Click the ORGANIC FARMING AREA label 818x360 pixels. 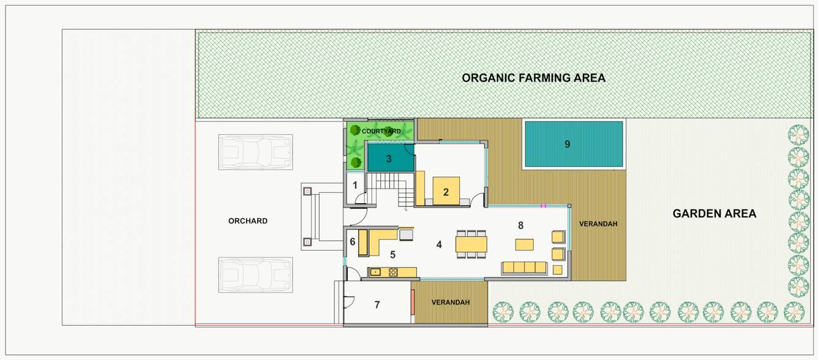pos(533,78)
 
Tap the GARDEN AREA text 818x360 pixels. pos(714,214)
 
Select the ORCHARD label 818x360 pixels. pos(247,221)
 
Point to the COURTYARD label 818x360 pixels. pos(381,131)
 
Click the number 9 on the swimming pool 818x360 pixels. pos(567,144)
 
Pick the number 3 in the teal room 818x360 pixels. pos(388,159)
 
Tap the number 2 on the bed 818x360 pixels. pos(446,192)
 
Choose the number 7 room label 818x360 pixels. pos(377,304)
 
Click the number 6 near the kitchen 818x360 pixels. pos(352,242)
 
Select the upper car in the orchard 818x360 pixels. pos(255,152)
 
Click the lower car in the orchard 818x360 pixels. pos(255,274)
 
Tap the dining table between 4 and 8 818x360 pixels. pos(471,244)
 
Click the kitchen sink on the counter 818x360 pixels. pos(375,272)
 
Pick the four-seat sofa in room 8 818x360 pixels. pos(523,267)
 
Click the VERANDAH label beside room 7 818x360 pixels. pos(450,302)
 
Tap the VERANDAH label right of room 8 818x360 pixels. pos(598,224)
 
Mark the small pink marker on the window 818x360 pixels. pos(542,206)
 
